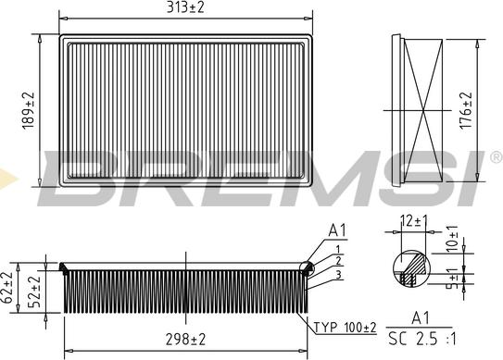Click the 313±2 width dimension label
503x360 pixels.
point(185,7)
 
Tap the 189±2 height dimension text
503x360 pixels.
point(28,111)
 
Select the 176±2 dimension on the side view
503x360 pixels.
point(466,111)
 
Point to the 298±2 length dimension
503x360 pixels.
point(185,340)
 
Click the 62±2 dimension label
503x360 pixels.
point(6,288)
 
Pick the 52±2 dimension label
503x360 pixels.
point(34,292)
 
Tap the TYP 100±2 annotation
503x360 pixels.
point(345,328)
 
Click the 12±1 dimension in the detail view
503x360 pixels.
point(414,221)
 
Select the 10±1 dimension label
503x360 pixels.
point(452,238)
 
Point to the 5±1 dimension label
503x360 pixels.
point(452,279)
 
